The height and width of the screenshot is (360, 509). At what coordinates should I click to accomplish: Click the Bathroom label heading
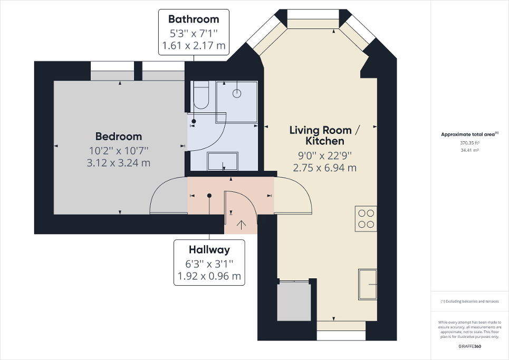tap(194, 20)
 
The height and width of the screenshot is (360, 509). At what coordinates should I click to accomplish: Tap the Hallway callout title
tap(209, 250)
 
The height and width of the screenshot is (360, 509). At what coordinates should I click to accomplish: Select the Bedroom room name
tap(119, 137)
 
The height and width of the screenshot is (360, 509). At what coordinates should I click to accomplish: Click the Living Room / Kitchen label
tap(324, 135)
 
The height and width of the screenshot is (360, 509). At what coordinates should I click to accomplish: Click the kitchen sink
tap(368, 285)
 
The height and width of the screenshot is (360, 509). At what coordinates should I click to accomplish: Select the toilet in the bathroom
tap(201, 95)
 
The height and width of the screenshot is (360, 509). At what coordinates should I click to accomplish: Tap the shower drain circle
tap(237, 94)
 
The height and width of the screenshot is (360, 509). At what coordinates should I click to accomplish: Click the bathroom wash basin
tap(222, 161)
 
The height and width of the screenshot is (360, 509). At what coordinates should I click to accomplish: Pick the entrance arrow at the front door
tap(242, 225)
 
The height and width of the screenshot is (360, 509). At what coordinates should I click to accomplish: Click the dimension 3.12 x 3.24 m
tap(119, 163)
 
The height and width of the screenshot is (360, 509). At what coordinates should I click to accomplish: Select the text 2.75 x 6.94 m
tap(324, 168)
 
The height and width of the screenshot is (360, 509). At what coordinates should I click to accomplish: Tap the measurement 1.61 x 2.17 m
tap(194, 46)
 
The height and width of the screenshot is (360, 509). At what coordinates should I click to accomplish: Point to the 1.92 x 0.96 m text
tap(209, 276)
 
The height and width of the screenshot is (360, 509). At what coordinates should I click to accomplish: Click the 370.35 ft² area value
tap(469, 142)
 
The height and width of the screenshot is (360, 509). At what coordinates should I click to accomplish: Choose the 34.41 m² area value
tap(469, 150)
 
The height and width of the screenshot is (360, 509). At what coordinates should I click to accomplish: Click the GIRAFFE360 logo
tap(469, 346)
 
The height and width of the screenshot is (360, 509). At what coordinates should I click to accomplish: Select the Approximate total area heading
tap(469, 134)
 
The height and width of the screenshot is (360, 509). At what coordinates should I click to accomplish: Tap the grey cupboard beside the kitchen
tap(294, 301)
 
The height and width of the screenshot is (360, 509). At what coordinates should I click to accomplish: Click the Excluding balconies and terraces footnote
tap(469, 301)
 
